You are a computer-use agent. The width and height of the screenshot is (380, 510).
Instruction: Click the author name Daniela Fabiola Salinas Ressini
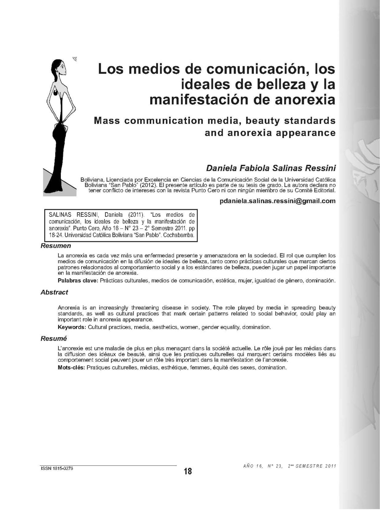point(271,168)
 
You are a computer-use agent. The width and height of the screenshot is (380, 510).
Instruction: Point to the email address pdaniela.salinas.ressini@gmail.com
point(278,201)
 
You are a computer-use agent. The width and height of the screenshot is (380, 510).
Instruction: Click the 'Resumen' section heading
point(56,246)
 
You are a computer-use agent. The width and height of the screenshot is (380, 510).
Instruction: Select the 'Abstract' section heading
point(54,292)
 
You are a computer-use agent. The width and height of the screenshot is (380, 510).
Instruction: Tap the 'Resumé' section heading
point(53,339)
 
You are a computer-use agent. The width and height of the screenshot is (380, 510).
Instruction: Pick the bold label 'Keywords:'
point(72,327)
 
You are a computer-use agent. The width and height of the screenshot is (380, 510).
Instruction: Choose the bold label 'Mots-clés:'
point(71,368)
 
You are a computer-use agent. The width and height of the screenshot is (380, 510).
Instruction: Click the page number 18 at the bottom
point(188,471)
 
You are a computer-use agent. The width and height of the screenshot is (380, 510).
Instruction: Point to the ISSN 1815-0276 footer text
point(57,469)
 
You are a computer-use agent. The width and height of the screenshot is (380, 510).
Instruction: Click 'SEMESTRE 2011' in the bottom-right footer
point(315,466)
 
